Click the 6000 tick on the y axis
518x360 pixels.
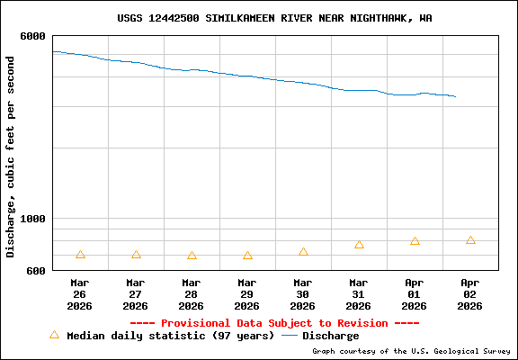[33, 36]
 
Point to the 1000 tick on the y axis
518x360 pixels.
[33, 219]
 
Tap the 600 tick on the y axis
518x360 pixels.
[36, 271]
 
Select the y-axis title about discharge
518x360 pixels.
[11, 157]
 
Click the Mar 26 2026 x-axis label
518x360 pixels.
[80, 293]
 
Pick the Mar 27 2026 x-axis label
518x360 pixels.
[136, 293]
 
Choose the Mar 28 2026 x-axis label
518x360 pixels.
[192, 293]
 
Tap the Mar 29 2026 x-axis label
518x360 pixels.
[247, 293]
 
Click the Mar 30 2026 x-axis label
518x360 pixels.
[303, 293]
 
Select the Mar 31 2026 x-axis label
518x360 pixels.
[359, 293]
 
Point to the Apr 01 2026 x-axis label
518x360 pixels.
[415, 293]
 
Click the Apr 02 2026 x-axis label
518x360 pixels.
[470, 293]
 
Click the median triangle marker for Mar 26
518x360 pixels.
[80, 256]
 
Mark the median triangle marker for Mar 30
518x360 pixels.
[303, 252]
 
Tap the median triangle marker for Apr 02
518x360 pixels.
[470, 240]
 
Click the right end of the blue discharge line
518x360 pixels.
[456, 96]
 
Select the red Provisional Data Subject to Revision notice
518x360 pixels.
[274, 323]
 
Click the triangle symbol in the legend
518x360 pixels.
[54, 335]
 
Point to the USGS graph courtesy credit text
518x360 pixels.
[411, 351]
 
